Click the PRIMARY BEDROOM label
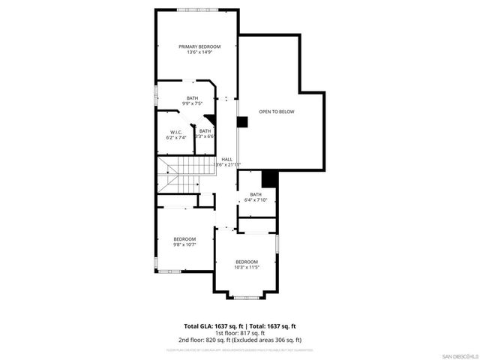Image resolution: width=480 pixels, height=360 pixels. click(199, 46)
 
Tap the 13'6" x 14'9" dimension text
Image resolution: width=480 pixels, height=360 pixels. click(199, 52)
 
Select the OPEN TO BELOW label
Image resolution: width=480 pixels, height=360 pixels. click(277, 112)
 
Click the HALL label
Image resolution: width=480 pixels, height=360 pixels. click(226, 159)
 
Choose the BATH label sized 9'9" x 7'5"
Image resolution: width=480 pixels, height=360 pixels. click(193, 98)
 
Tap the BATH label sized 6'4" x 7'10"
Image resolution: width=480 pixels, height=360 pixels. click(256, 194)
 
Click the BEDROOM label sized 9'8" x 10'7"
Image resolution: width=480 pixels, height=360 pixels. click(184, 238)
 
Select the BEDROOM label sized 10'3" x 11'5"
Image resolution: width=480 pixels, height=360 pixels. click(246, 261)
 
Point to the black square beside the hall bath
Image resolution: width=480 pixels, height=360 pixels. click(269, 179)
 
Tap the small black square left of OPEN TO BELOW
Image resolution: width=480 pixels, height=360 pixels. click(242, 122)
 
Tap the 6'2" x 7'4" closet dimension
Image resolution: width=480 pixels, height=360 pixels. click(175, 137)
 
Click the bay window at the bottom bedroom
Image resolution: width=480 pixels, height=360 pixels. click(246, 297)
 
